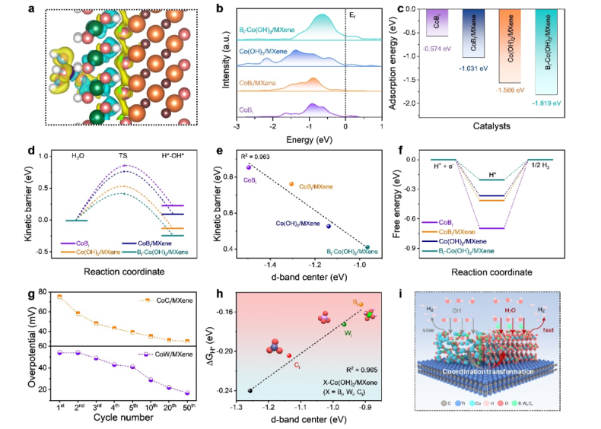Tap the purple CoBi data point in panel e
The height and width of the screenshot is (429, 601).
(x=248, y=167)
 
